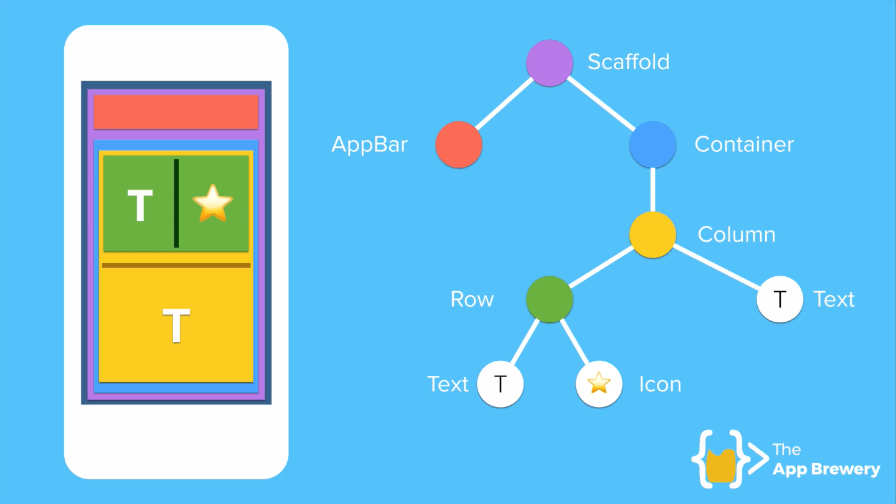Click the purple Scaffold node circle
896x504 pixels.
pos(549,62)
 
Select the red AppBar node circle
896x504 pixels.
pos(459,145)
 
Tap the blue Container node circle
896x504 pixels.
pos(653,145)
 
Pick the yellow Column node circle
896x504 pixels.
pos(653,235)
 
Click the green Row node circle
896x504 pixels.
pos(549,299)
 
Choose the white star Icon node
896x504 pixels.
pos(598,384)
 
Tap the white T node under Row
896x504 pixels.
pos(500,384)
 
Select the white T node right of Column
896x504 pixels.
pos(780,299)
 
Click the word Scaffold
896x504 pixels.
pos(628,62)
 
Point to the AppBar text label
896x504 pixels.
pos(369,145)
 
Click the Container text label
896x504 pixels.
pos(744,145)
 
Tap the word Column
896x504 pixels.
pos(737,235)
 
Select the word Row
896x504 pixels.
pos(472,299)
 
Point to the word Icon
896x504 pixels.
pos(660,385)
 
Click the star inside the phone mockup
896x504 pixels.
pos(212,202)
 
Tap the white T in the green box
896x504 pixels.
pos(140,205)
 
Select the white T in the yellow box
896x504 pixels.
pos(176,325)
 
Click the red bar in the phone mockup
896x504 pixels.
pos(176,112)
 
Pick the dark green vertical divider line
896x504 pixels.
pos(176,203)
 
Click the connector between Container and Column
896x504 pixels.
pos(653,190)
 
